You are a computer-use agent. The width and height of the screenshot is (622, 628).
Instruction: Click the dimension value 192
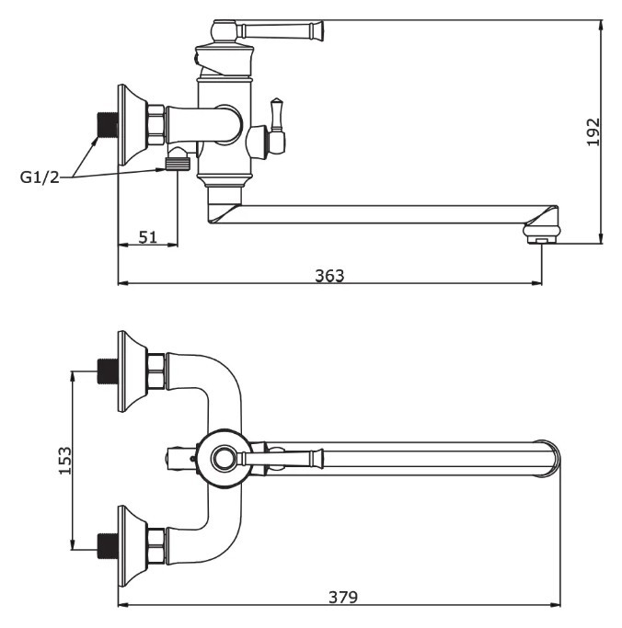point(593,131)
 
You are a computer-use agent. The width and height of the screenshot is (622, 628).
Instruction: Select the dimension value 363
point(329,275)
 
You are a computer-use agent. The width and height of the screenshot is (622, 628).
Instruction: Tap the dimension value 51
point(148,236)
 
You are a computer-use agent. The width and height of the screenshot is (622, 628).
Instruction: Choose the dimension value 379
point(342,598)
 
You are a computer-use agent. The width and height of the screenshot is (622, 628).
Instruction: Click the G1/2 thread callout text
point(40,177)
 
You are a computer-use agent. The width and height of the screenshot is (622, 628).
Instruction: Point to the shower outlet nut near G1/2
point(179,164)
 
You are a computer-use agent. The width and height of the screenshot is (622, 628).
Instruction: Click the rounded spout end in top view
point(550,457)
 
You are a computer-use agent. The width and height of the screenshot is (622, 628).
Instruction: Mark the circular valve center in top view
point(223,457)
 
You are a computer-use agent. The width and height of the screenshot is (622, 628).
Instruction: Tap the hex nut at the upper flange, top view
point(156,370)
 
